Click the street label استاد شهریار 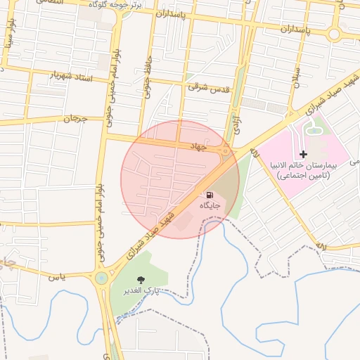[x=72, y=75]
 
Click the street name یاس [x=58, y=276]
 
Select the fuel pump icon [x=210, y=194]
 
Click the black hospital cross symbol [x=303, y=153]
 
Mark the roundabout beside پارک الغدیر [x=102, y=278]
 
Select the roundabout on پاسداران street [x=334, y=34]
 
